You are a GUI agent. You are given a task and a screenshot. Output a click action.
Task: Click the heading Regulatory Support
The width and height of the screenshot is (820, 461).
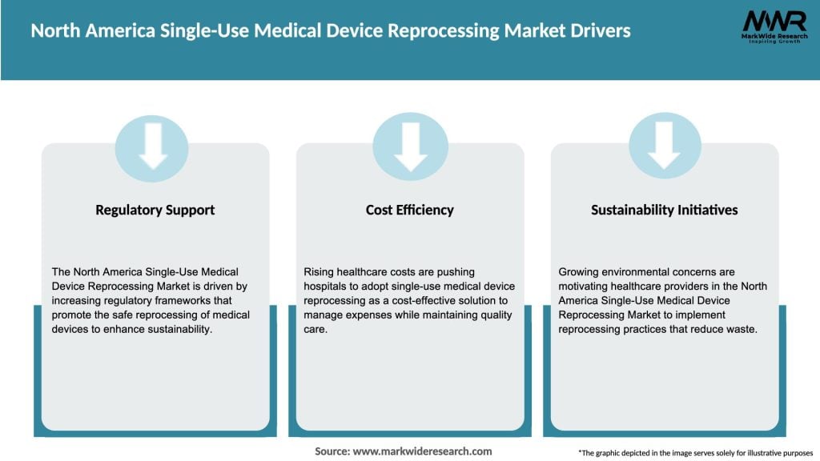pos(155,210)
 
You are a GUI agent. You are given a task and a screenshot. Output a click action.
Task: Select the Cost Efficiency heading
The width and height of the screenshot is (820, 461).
pos(409,210)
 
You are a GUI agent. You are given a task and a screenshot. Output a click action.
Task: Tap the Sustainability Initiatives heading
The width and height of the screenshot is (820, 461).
pos(664,210)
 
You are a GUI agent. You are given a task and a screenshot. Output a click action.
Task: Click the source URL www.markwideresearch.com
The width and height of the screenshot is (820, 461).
pos(423,451)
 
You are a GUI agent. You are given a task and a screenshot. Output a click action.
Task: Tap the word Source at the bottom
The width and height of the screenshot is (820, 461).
pos(332,451)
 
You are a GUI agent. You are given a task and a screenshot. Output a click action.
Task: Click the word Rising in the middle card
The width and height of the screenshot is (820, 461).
pos(319,272)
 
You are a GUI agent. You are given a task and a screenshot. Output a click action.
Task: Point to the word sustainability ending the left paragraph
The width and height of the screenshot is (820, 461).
pos(177,330)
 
